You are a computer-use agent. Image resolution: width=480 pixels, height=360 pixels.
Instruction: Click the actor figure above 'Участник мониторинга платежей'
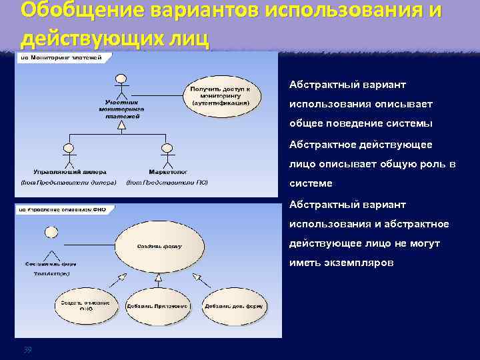pyautogui.click(x=120, y=84)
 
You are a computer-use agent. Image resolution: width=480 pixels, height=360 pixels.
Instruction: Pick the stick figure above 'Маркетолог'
pyautogui.click(x=167, y=155)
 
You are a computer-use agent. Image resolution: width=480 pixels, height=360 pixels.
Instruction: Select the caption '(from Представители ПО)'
pyautogui.click(x=167, y=182)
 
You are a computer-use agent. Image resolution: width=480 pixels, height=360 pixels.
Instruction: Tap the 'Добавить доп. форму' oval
pyautogui.click(x=234, y=307)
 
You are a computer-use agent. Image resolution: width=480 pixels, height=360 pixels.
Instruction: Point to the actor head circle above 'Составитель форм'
pyautogui.click(x=51, y=232)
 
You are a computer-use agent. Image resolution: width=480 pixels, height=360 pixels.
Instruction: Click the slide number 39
pyautogui.click(x=27, y=350)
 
